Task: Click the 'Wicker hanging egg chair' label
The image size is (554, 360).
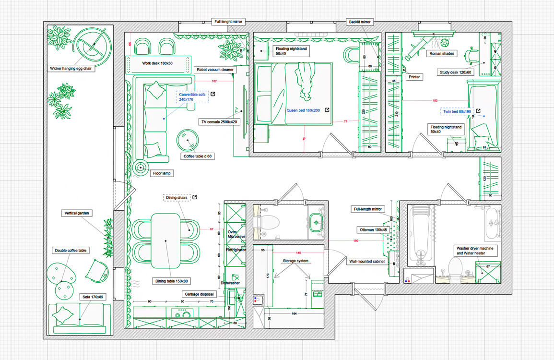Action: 71,69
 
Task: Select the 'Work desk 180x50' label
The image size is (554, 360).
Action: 157,63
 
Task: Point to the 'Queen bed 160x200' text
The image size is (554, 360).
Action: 303,110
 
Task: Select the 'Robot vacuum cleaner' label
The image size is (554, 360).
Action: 215,70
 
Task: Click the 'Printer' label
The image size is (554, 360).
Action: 414,77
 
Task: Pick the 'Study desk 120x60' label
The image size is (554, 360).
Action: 455,72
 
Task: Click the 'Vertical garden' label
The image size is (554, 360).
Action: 77,213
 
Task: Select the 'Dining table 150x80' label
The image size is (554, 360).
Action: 171,281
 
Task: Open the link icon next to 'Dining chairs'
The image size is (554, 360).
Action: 195,197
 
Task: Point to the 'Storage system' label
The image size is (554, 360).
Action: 295,261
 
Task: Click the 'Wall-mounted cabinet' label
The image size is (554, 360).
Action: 367,262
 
